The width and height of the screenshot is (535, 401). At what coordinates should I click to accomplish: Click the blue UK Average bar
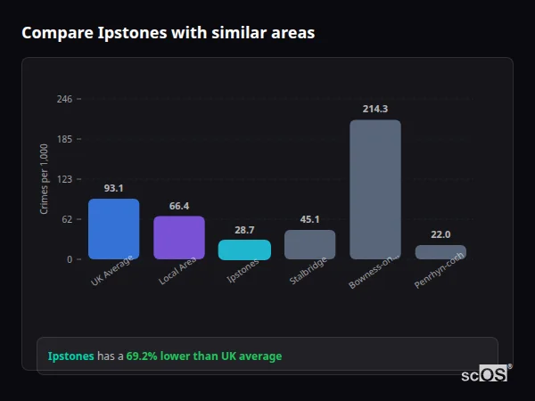(x=113, y=229)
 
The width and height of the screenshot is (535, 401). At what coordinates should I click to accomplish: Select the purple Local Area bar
(x=179, y=238)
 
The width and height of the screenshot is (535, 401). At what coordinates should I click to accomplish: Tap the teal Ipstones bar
(x=244, y=250)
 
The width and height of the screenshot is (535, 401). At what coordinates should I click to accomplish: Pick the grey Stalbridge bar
(x=309, y=244)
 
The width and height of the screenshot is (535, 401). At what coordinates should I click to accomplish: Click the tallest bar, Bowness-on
(x=374, y=190)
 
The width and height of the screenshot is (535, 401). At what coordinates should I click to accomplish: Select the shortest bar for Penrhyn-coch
(x=440, y=252)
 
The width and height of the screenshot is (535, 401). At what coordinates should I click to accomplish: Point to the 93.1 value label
(x=113, y=188)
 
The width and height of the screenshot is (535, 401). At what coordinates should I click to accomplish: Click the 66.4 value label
(x=179, y=206)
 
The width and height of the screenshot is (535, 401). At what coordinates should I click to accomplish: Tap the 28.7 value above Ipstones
(x=244, y=230)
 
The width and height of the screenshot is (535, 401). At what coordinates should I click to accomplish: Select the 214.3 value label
(x=374, y=109)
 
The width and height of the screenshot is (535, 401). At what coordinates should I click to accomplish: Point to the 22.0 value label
(x=440, y=234)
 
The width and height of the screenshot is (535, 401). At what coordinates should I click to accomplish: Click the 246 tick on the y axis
(x=64, y=99)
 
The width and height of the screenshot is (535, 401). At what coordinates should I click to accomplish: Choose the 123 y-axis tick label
(x=64, y=179)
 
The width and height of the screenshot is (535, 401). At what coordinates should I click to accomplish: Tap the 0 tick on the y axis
(x=69, y=259)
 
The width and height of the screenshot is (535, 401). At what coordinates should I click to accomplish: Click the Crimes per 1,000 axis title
(x=44, y=179)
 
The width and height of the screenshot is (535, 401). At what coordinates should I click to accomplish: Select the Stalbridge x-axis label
(x=308, y=271)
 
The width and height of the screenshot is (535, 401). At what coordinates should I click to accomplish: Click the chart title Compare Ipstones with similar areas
(x=168, y=33)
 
